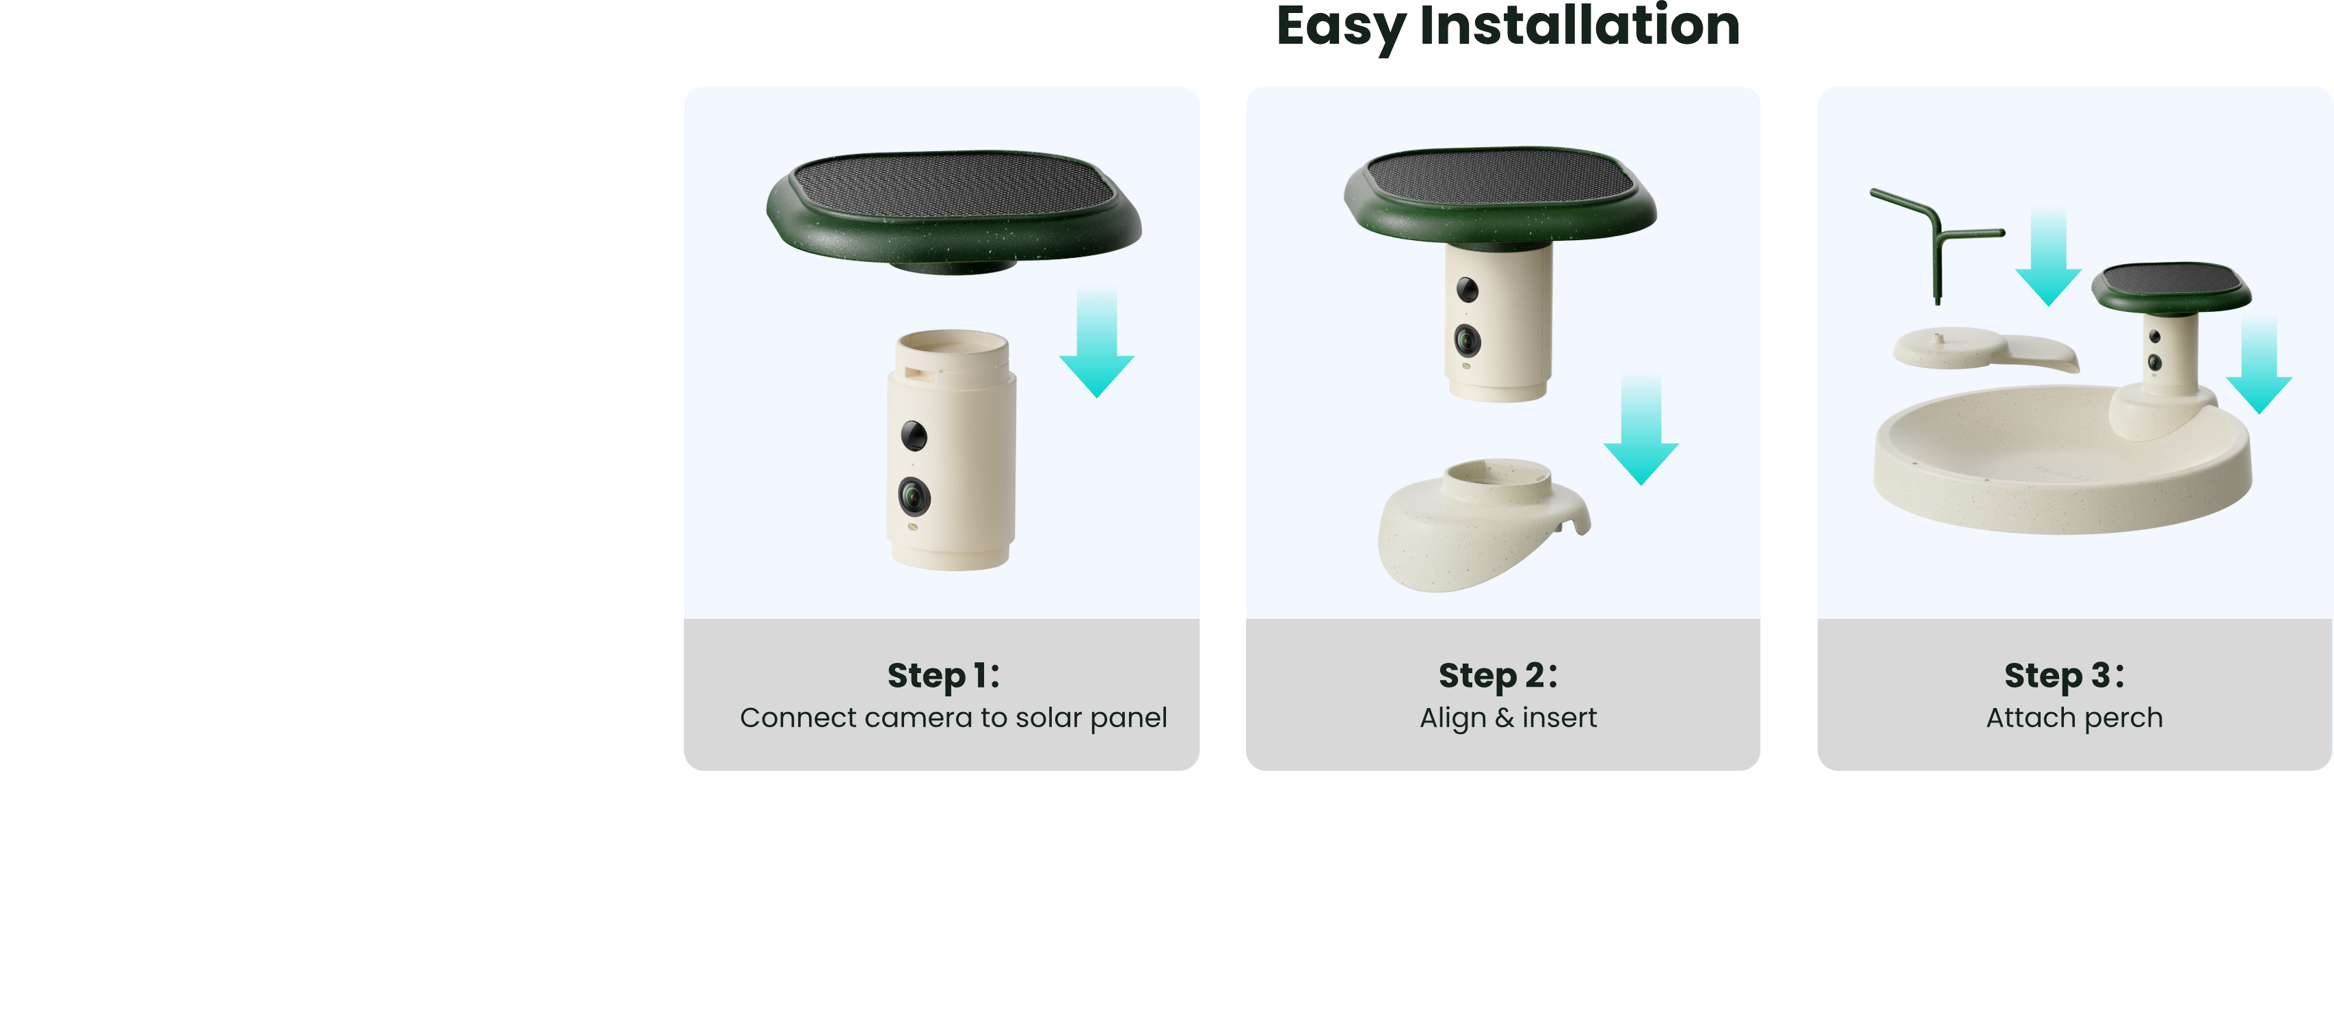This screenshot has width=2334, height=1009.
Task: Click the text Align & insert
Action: pyautogui.click(x=1508, y=718)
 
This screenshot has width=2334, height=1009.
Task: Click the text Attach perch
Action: pyautogui.click(x=2074, y=718)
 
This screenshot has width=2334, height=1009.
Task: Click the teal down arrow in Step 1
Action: pyautogui.click(x=1096, y=343)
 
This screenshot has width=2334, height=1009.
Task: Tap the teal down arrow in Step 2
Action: pyautogui.click(x=1641, y=429)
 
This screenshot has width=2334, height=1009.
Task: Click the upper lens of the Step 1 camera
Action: pyautogui.click(x=914, y=436)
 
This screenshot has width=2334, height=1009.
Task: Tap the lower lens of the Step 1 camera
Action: pyautogui.click(x=914, y=496)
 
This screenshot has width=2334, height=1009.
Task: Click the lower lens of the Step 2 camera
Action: pyautogui.click(x=1467, y=341)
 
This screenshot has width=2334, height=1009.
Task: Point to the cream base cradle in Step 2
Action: pyautogui.click(x=1483, y=524)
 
